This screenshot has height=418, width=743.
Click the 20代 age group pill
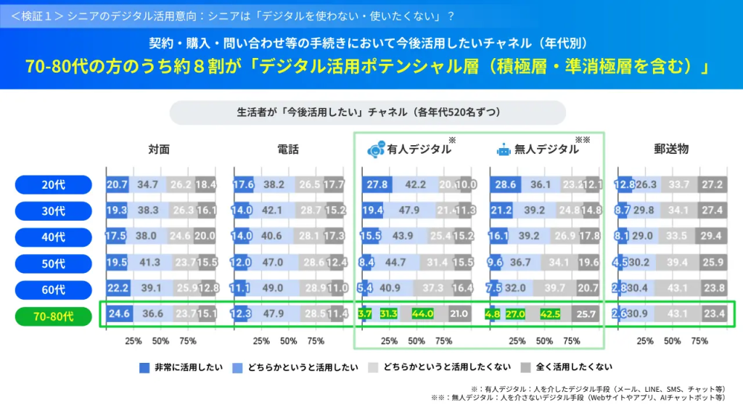pos(53,185)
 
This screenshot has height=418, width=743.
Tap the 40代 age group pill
pos(53,237)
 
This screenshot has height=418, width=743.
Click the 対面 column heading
pos(159,149)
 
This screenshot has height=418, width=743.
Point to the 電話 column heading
pos(287,149)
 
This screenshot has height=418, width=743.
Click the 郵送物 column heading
pos(671,149)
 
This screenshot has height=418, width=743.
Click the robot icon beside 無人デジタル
pos(503,149)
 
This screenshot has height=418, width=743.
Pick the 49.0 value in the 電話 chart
pos(274,288)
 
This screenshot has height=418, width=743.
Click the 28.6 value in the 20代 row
pos(505,185)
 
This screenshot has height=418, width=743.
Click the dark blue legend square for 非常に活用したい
pos(144,367)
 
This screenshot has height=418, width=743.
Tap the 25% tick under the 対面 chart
pos(134,340)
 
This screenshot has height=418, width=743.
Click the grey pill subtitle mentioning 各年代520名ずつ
pos(367,112)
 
